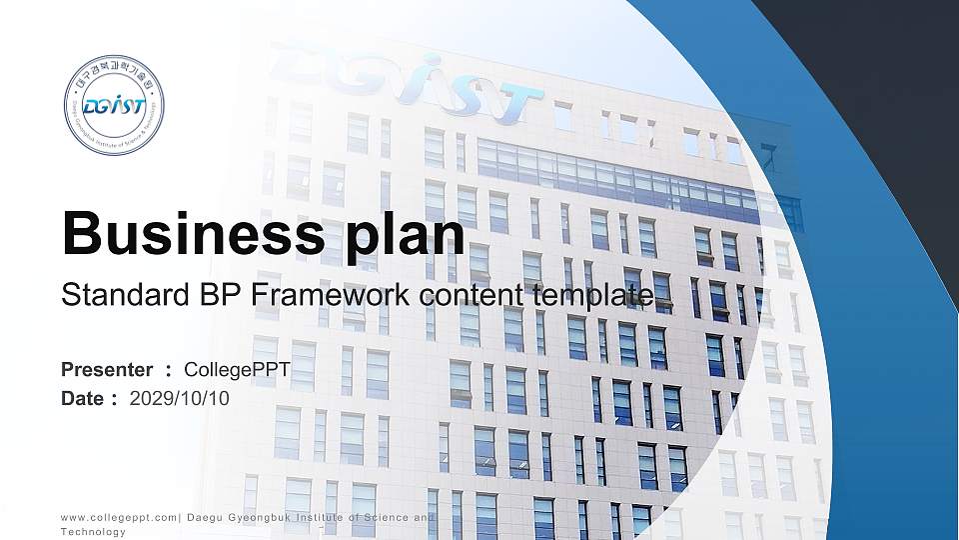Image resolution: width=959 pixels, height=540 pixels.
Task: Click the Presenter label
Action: pyautogui.click(x=107, y=370)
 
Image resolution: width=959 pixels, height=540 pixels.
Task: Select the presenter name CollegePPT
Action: pyautogui.click(x=238, y=370)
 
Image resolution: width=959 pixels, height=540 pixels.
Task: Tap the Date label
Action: pyautogui.click(x=83, y=399)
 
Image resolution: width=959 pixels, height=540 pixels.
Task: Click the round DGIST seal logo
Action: pyautogui.click(x=113, y=106)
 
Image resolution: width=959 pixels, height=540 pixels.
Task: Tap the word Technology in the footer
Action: pyautogui.click(x=93, y=532)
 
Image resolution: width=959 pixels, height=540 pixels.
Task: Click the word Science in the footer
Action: pyautogui.click(x=385, y=517)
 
